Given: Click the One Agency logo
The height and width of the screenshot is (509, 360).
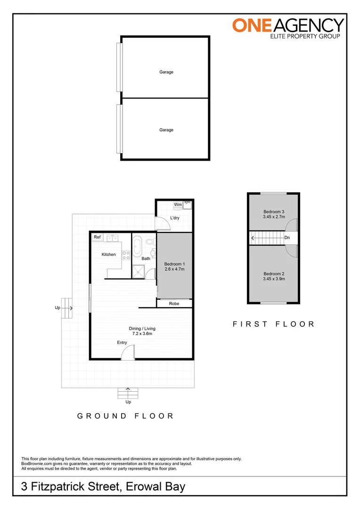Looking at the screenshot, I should (x=288, y=28).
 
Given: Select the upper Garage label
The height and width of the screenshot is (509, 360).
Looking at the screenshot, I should (x=166, y=72).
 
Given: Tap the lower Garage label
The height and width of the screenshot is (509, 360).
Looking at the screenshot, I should (x=166, y=130).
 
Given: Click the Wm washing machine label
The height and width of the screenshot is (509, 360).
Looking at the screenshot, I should (x=178, y=205).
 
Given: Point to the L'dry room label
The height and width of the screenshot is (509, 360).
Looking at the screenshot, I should (x=175, y=218).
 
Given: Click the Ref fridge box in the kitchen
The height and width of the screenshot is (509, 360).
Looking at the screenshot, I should (x=98, y=238).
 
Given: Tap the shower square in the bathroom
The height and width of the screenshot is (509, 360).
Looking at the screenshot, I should (x=139, y=271).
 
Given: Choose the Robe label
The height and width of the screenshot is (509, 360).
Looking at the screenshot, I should (x=174, y=304).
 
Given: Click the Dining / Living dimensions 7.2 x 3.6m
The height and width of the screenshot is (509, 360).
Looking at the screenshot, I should (x=142, y=334).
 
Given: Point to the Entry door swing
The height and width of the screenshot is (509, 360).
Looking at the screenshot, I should (x=128, y=352).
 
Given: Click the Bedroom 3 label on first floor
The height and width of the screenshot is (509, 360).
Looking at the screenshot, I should (x=273, y=212).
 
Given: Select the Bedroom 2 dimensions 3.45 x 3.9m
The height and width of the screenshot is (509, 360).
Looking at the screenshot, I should (x=273, y=279).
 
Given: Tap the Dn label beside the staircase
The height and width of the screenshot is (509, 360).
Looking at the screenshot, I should (x=287, y=238).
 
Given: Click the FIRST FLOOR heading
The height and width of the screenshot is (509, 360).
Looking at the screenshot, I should (x=273, y=324).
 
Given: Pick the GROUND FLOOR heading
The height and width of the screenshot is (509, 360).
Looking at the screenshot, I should (x=126, y=416).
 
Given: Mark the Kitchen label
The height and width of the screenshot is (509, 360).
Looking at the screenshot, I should (x=108, y=254).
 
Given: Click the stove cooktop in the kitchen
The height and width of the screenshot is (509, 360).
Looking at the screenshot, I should (x=126, y=255).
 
